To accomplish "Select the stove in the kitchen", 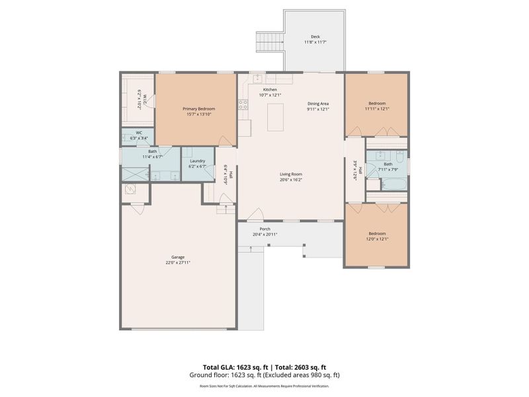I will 243,104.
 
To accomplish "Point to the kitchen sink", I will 258,78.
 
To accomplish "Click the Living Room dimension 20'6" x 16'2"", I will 291,179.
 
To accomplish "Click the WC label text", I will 140,132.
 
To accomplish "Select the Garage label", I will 179,257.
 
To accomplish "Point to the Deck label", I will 315,37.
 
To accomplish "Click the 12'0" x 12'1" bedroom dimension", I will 377,239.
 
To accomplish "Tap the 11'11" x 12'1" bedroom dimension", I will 377,109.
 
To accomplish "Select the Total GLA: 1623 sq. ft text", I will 235,367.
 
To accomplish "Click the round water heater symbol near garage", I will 130,190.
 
